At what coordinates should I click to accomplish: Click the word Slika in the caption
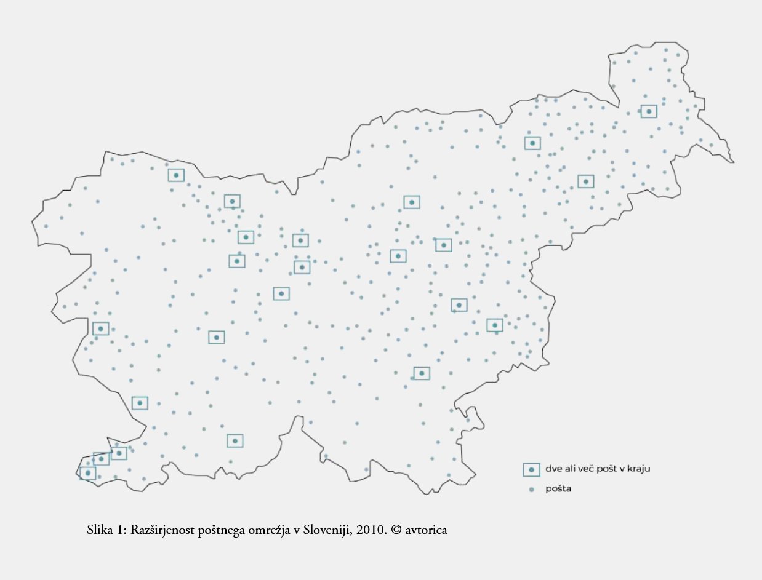point(100,530)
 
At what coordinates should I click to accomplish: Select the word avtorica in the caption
point(425,530)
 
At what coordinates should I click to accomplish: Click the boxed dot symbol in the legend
point(531,469)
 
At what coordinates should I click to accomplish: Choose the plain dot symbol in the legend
point(531,490)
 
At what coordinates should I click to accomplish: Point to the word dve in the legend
point(553,469)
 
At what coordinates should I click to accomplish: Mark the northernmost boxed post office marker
point(649,111)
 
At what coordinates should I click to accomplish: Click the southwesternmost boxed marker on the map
point(88,473)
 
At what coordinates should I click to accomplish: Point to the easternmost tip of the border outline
point(734,162)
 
